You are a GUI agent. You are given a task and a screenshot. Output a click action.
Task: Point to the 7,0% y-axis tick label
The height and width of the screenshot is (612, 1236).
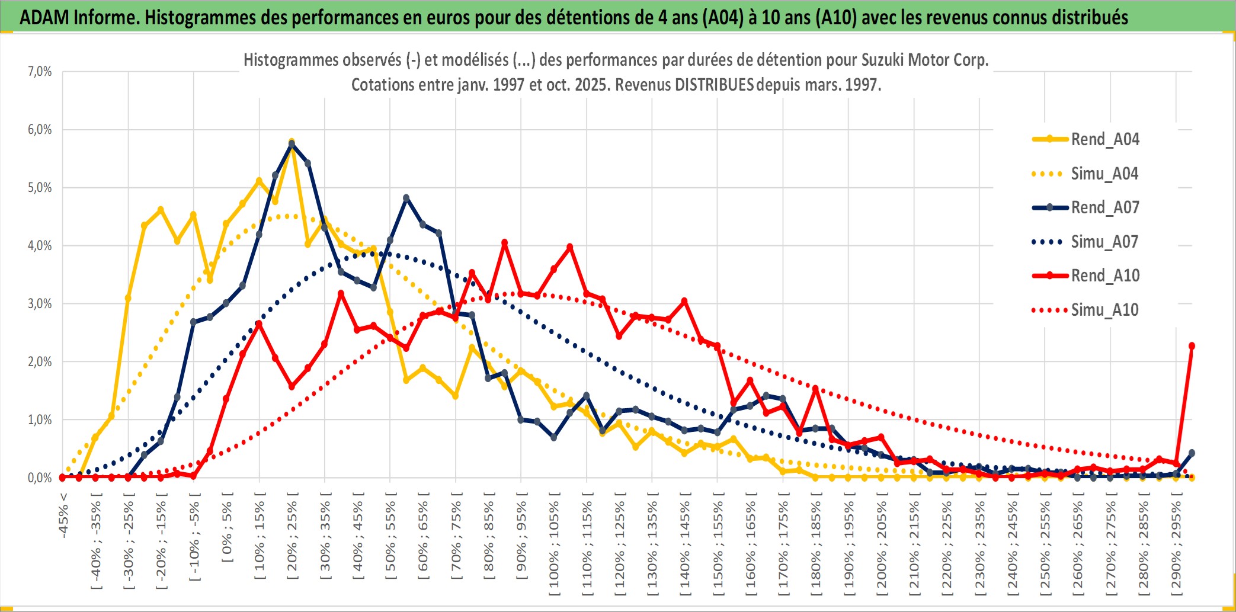(x=40, y=72)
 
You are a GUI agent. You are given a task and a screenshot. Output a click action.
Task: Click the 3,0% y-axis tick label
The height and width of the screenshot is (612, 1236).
(x=40, y=304)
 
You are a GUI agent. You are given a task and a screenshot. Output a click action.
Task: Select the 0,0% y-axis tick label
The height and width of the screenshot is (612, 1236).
(x=40, y=478)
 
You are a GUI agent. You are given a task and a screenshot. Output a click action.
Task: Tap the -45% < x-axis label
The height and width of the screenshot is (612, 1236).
(x=63, y=515)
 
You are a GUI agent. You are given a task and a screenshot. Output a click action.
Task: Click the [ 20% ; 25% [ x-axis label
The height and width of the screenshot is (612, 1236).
(x=292, y=539)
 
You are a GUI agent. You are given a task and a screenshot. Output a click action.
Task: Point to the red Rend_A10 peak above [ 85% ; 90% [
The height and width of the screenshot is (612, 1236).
(x=505, y=243)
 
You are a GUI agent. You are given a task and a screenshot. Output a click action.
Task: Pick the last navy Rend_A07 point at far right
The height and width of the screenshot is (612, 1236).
(x=1192, y=453)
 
